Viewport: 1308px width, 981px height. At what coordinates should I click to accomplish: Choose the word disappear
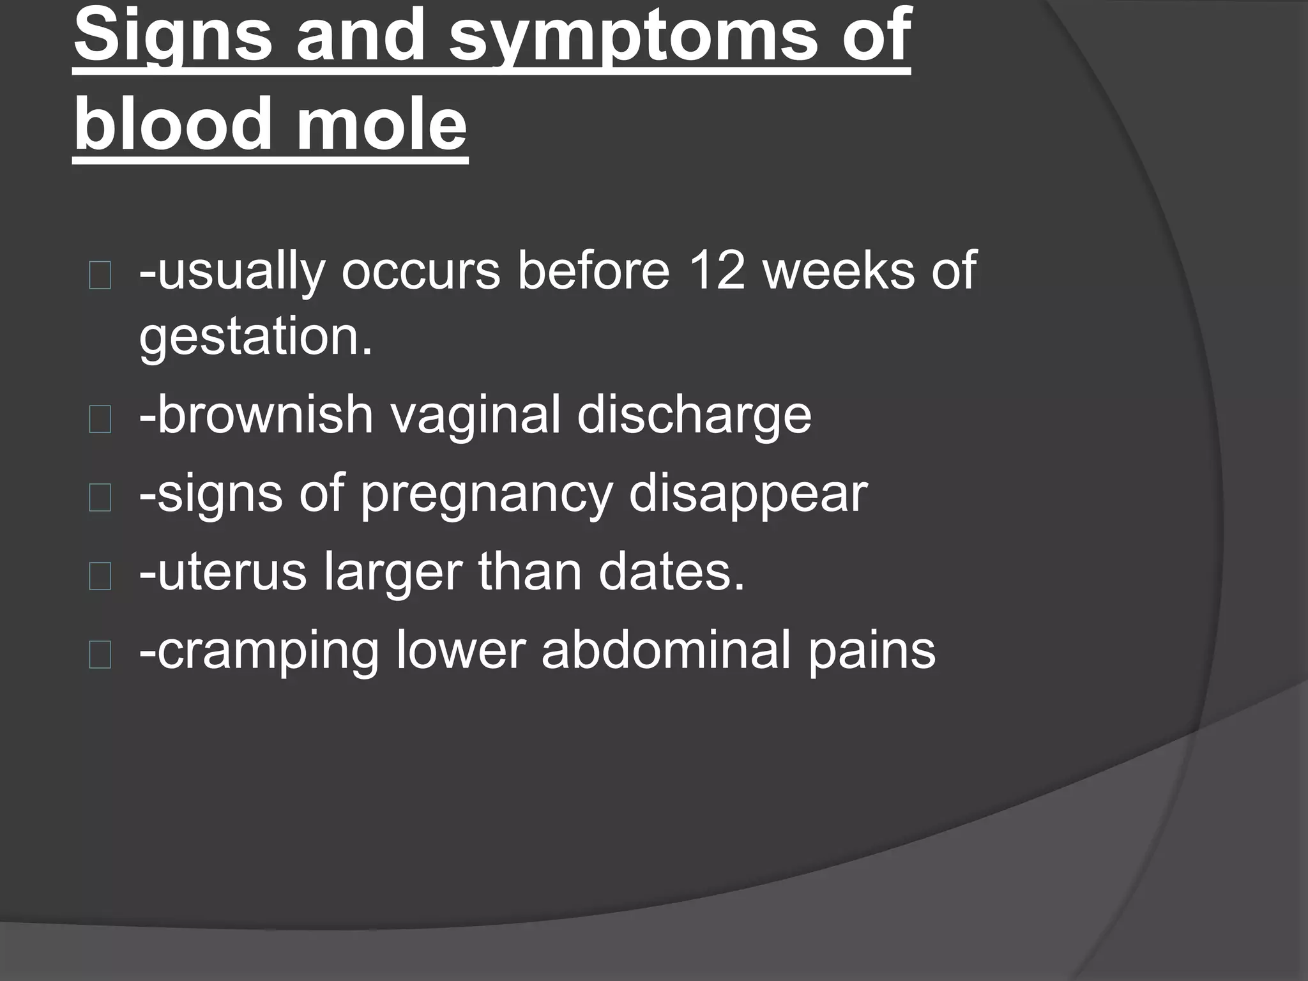click(x=748, y=494)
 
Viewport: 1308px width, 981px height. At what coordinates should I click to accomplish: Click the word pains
click(x=871, y=651)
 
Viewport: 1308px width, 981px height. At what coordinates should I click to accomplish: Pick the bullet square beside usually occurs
click(x=100, y=276)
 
